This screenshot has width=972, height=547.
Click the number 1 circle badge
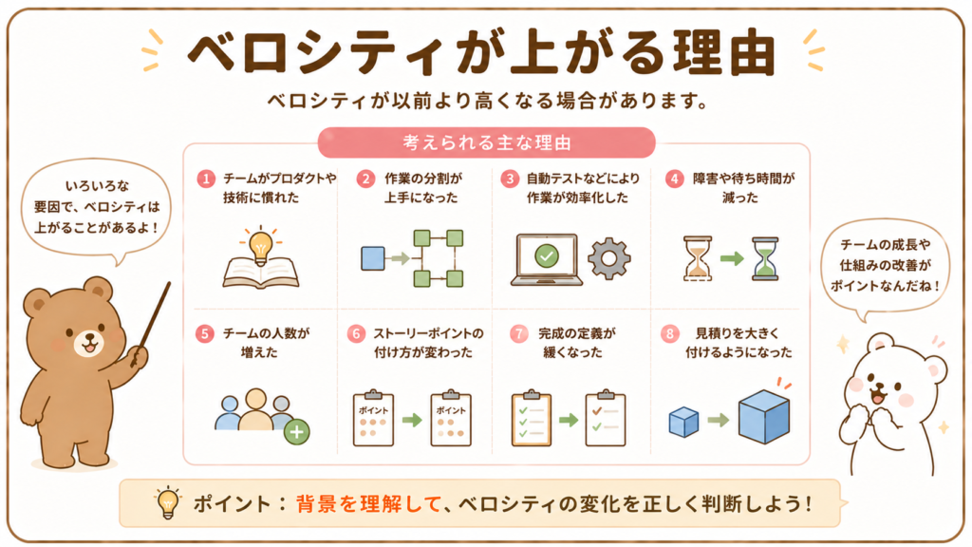click(206, 179)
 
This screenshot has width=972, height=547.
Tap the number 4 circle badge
click(675, 179)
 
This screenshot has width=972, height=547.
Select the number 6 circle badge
click(357, 333)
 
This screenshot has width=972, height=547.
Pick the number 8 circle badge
click(670, 333)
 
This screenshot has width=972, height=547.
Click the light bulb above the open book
click(260, 246)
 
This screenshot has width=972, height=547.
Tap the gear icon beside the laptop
click(608, 258)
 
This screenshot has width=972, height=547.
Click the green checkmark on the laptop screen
click(546, 255)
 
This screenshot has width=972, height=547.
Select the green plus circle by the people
click(297, 432)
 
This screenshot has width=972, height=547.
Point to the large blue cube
click(764, 416)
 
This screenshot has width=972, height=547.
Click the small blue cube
click(683, 422)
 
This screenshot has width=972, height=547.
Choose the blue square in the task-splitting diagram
click(372, 258)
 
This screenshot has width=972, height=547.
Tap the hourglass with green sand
click(765, 258)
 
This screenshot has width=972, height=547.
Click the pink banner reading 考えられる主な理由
click(487, 142)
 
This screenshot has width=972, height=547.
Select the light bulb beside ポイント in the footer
click(167, 501)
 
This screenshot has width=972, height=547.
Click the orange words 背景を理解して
click(369, 503)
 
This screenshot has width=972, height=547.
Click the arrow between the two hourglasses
click(732, 258)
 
